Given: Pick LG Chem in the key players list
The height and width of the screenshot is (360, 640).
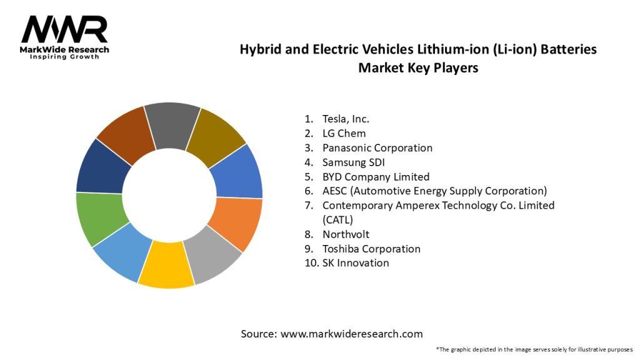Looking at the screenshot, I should [x=344, y=133].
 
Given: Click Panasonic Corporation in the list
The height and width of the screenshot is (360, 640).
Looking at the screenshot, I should [x=377, y=148].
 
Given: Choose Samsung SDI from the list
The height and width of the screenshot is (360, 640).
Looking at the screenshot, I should [x=353, y=162].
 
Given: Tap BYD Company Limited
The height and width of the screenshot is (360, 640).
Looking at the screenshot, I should [x=376, y=177].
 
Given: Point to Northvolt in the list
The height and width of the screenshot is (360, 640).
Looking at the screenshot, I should [x=346, y=234].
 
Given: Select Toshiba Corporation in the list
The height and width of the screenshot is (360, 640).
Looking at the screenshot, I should [x=371, y=249].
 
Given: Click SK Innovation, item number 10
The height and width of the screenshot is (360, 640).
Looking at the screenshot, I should [x=355, y=263].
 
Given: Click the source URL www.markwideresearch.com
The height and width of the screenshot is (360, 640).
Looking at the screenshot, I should [x=351, y=334].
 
